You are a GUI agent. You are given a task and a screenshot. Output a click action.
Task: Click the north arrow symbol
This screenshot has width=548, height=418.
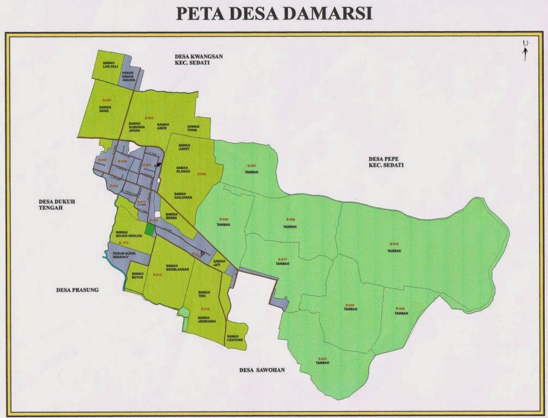(x=525, y=50)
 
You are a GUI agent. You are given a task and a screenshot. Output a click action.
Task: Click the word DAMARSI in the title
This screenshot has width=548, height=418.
(x=327, y=14)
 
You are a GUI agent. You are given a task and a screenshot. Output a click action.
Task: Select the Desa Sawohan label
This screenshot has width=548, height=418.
(x=262, y=370)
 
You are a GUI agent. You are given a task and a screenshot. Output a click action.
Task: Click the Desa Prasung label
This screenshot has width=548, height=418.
(x=77, y=290)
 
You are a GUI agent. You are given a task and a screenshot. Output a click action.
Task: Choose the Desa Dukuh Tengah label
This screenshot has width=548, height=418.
(x=52, y=204)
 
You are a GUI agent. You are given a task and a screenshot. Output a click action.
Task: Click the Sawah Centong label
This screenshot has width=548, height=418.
(x=235, y=338)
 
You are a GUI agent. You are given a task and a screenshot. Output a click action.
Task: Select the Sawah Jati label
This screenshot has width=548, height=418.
(x=219, y=263)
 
